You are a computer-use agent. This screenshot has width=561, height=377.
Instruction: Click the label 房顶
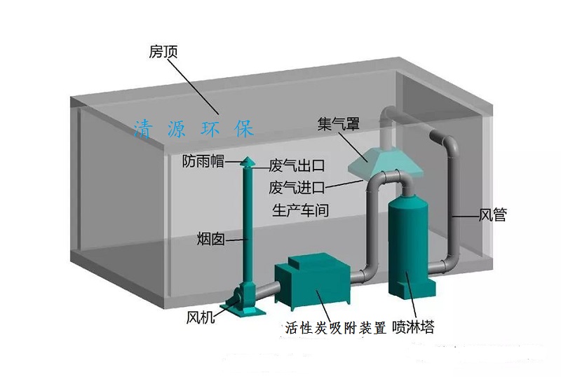(163, 52)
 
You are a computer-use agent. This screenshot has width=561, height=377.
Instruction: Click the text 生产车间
(299, 210)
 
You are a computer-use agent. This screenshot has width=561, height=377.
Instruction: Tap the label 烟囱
(210, 239)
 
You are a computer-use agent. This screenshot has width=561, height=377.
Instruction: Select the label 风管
(492, 215)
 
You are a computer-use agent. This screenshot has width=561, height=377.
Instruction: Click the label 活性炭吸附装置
(336, 328)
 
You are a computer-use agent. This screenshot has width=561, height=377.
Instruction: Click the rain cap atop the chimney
(247, 162)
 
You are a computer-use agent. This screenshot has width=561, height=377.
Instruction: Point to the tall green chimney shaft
(247, 224)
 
